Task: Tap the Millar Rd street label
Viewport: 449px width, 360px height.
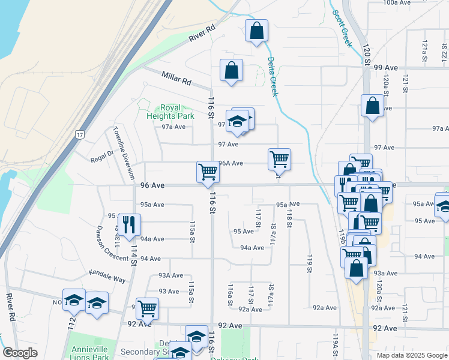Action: [175, 78]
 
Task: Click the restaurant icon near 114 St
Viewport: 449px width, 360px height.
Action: [129, 225]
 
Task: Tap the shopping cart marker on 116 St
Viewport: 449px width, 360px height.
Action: [208, 172]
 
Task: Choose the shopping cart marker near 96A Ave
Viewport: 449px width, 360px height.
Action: [279, 159]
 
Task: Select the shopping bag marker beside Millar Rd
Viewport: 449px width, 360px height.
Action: [231, 70]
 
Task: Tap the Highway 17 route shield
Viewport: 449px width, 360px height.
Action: [80, 135]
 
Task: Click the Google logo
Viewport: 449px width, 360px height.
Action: [20, 352]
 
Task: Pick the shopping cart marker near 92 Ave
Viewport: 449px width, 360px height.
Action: [147, 308]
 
